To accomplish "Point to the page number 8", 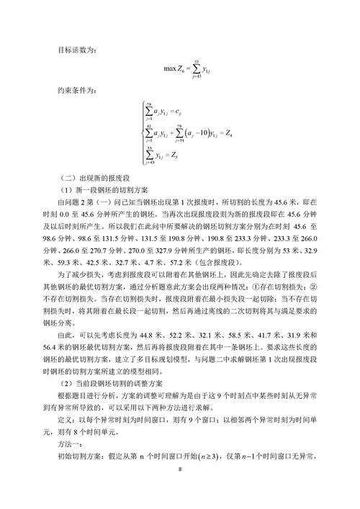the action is pyautogui.click(x=180, y=490).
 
